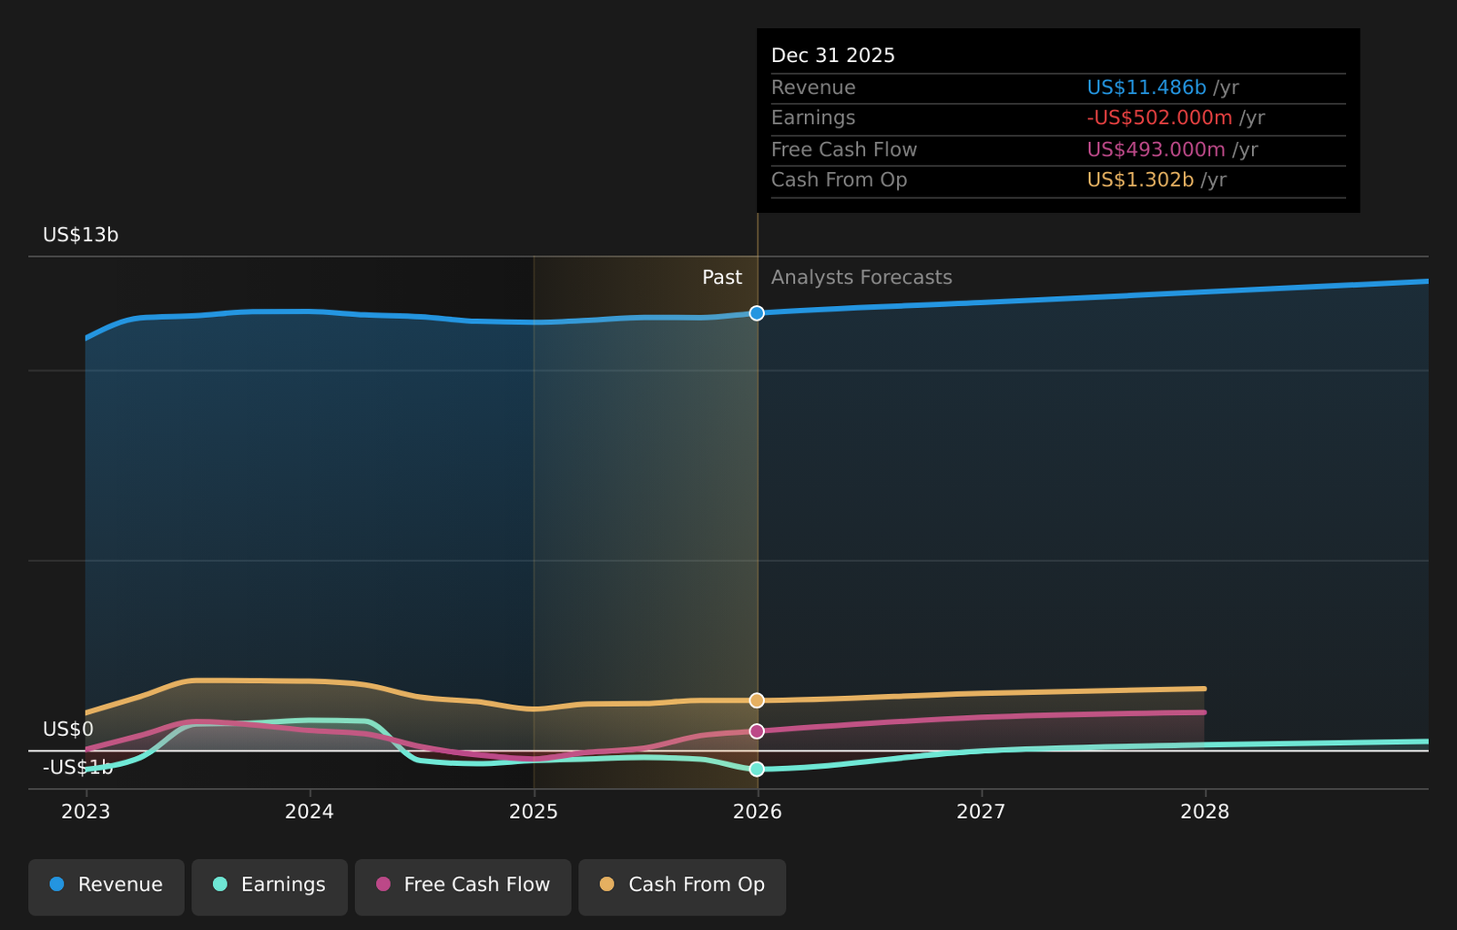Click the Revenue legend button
click(x=107, y=884)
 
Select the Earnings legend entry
click(x=270, y=884)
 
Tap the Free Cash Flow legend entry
click(x=464, y=884)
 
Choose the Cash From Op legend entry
click(x=682, y=884)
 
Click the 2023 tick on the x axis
click(x=86, y=812)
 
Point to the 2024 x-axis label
click(x=310, y=812)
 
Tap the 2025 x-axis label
click(x=534, y=812)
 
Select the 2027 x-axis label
click(x=981, y=812)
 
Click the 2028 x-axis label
click(x=1205, y=812)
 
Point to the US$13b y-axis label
click(x=81, y=235)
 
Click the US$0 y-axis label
click(x=68, y=730)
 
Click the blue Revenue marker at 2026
click(x=757, y=313)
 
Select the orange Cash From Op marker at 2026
click(x=757, y=700)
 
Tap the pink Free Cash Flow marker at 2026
click(x=757, y=731)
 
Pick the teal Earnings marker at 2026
click(x=757, y=770)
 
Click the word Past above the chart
click(x=721, y=278)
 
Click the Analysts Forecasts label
click(x=861, y=278)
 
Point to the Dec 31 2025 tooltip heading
click(x=833, y=56)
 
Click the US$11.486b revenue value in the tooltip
click(x=1146, y=87)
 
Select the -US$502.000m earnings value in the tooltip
click(x=1159, y=118)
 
